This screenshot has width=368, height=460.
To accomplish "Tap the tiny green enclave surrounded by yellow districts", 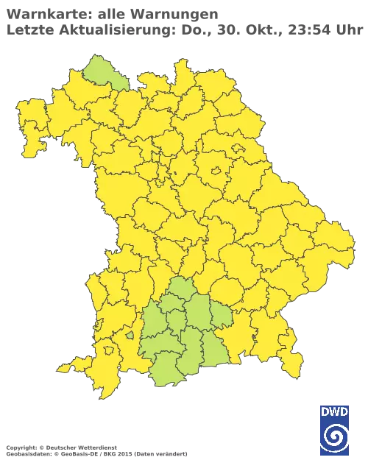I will [x=130, y=335].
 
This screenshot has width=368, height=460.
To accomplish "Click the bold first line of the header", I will [x=110, y=13].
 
